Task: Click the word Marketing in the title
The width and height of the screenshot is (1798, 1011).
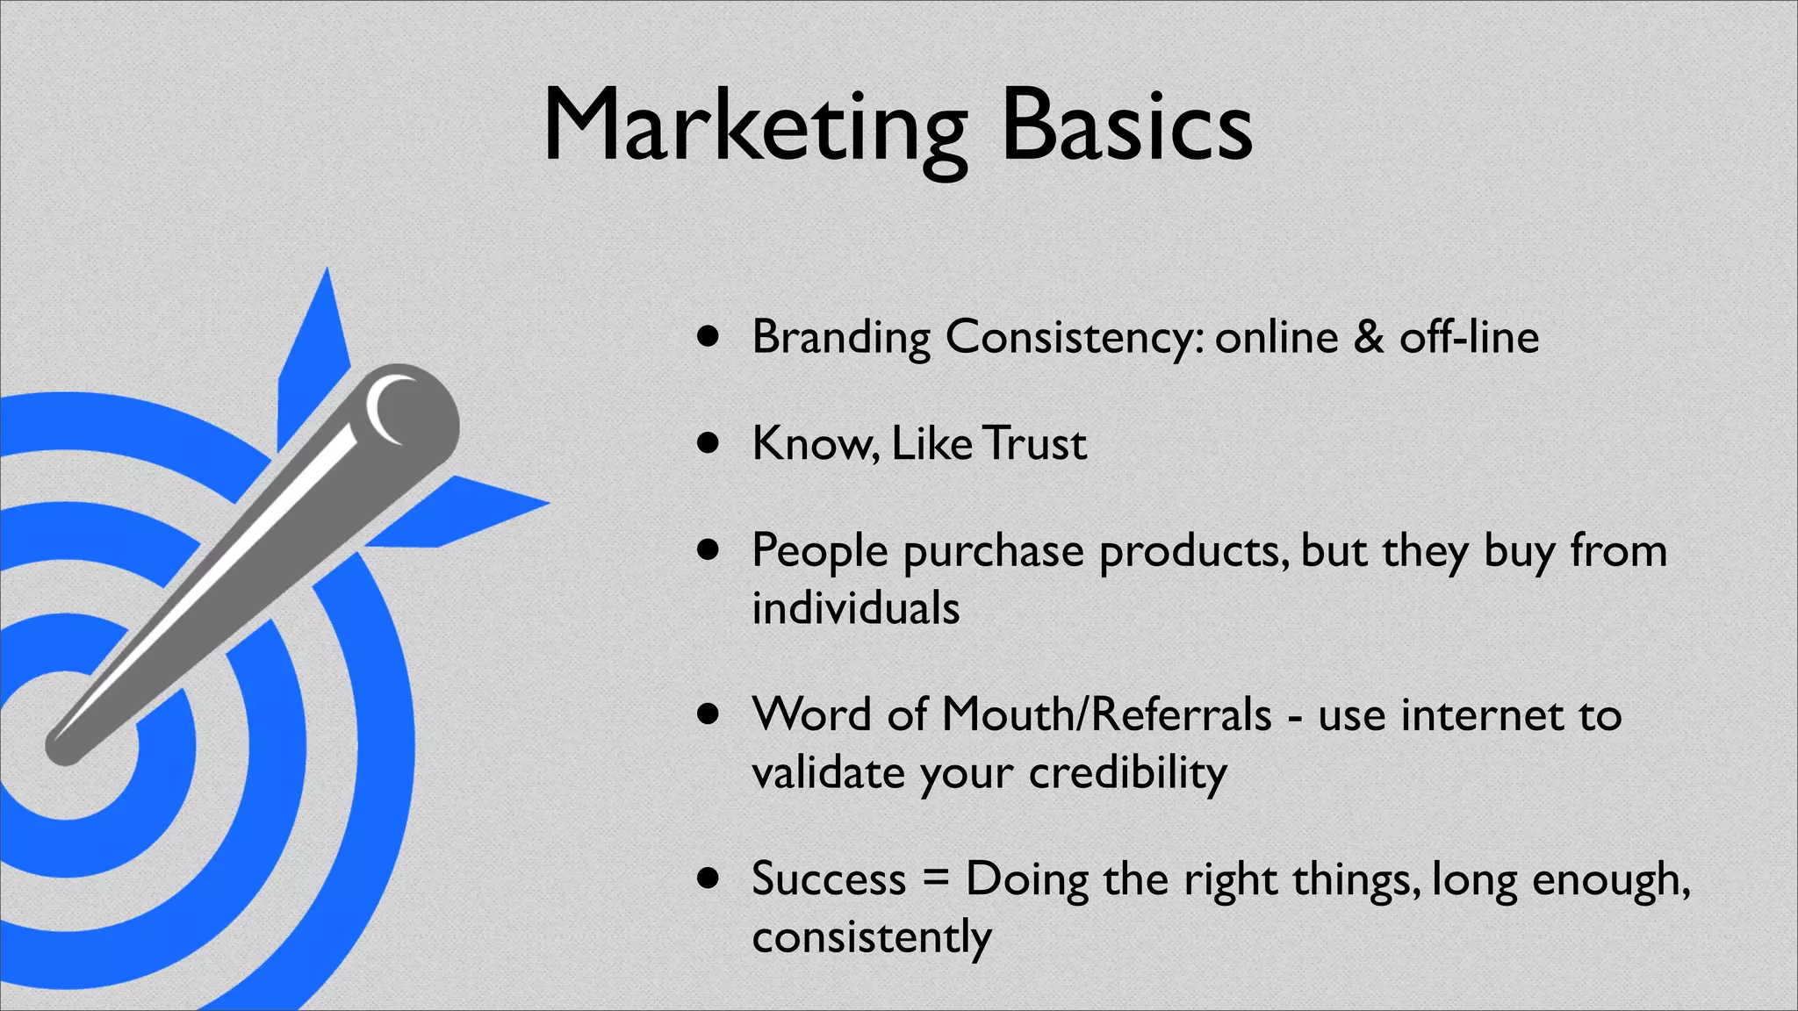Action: [x=755, y=127]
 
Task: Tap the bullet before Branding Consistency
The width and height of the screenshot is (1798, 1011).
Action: [x=708, y=336]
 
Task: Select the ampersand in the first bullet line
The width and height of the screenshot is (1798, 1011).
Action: [x=1369, y=337]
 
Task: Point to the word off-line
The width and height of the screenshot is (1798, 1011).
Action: [x=1469, y=337]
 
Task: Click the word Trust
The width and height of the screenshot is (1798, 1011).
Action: [x=1034, y=443]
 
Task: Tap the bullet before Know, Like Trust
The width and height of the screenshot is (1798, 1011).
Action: [x=708, y=443]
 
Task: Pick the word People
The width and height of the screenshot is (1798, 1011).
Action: [x=820, y=551]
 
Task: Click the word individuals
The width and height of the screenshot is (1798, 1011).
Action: [x=856, y=607]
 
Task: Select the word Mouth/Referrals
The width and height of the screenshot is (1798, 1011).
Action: [x=1106, y=713]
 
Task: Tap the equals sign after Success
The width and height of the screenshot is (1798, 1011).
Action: [x=936, y=878]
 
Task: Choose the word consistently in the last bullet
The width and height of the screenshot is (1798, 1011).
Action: [x=872, y=936]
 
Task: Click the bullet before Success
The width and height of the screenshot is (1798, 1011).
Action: [x=708, y=878]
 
